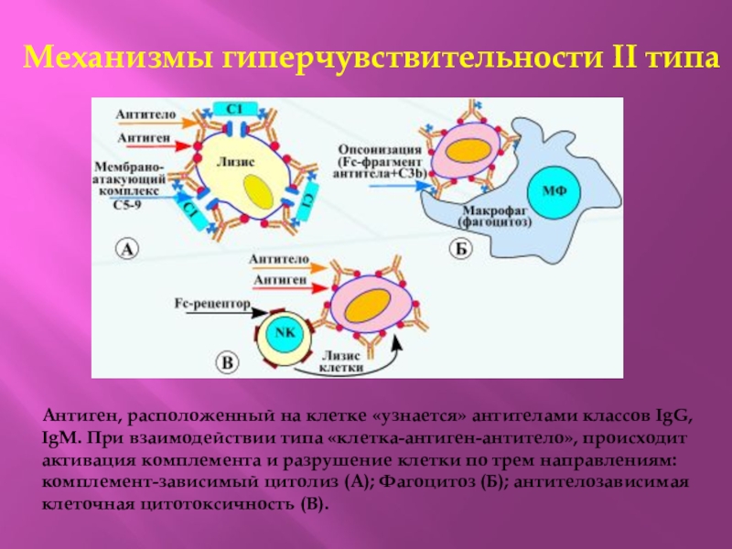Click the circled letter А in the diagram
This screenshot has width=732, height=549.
coord(128,247)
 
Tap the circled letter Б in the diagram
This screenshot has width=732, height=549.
coord(459,248)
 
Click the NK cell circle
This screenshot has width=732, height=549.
coord(285,334)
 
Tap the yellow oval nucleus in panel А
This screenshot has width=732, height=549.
coord(258,193)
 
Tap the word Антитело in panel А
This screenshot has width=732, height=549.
coord(145,116)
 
